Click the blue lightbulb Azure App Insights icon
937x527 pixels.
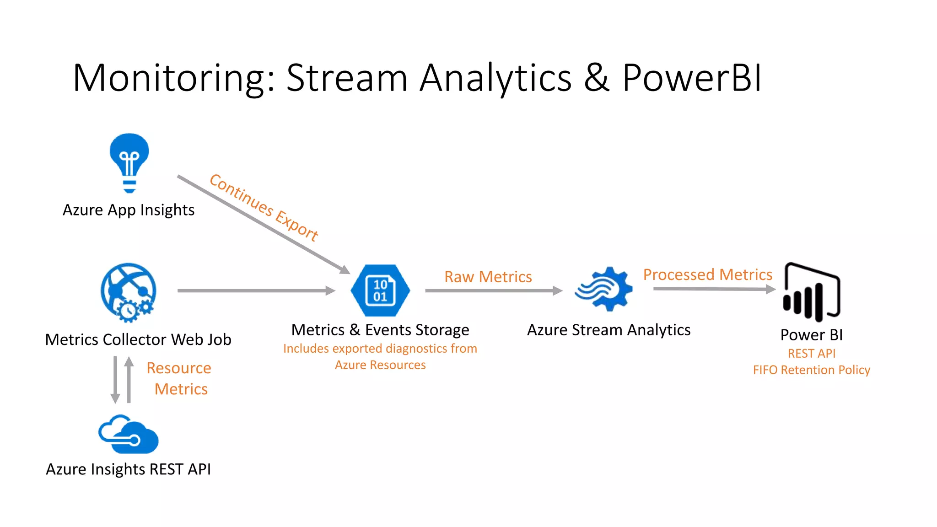(x=129, y=162)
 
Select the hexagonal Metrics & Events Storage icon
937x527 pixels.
(x=380, y=290)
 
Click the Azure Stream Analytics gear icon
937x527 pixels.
(x=604, y=289)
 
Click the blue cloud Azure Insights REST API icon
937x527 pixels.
(x=129, y=435)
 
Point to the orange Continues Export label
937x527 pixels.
(x=264, y=207)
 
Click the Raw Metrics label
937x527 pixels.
(x=488, y=277)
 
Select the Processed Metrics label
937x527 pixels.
(x=707, y=274)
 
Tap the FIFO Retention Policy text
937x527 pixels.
(x=811, y=370)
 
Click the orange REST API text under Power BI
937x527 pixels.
(x=811, y=353)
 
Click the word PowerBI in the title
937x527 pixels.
(x=691, y=78)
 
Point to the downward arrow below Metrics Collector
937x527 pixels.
(x=116, y=380)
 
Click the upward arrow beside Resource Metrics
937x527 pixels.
(x=129, y=380)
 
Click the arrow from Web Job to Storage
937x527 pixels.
(x=256, y=290)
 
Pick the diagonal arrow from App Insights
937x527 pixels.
(x=263, y=224)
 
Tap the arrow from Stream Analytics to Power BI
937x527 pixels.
(x=714, y=289)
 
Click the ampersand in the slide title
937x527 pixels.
(x=597, y=78)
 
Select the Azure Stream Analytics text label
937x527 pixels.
(x=609, y=330)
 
